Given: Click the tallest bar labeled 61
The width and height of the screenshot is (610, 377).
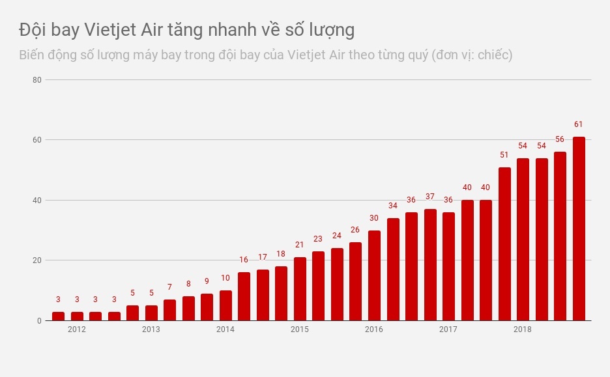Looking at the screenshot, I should (x=579, y=229).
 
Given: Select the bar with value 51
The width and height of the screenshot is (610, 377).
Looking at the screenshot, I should (x=504, y=244).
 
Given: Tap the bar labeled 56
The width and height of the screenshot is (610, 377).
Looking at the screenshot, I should (x=560, y=236).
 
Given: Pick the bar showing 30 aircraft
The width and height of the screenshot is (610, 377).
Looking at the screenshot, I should (x=374, y=275).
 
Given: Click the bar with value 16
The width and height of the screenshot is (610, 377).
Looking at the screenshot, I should (x=244, y=296).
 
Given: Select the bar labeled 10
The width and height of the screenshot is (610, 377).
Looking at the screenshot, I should (x=225, y=305).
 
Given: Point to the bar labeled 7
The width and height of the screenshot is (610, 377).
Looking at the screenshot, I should (x=169, y=310).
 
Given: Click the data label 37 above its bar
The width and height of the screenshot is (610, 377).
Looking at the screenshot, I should (x=430, y=197).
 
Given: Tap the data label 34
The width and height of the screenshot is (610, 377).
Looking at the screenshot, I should (x=392, y=206).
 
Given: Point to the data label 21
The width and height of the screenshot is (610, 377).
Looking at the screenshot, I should (x=300, y=245).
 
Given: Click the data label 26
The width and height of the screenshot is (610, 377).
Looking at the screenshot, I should (x=355, y=230).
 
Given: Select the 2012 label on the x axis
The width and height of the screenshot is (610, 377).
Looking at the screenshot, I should (x=77, y=329).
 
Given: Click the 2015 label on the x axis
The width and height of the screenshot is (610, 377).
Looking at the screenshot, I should (x=300, y=329).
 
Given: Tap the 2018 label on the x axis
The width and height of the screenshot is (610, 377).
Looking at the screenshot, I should (x=522, y=329).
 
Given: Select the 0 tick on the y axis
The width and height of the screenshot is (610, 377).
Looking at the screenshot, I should (x=38, y=321).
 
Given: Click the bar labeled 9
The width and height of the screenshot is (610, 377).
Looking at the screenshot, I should (x=207, y=307).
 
